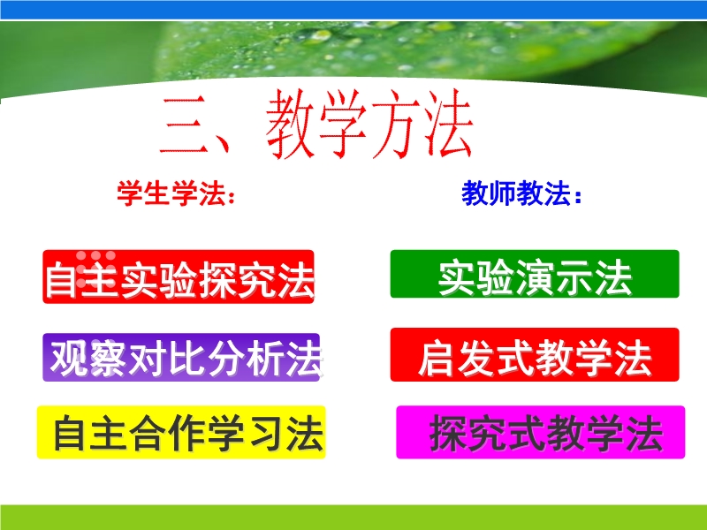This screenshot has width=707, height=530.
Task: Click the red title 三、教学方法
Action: pyautogui.click(x=316, y=124)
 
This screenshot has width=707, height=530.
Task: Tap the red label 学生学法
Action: pyautogui.click(x=171, y=193)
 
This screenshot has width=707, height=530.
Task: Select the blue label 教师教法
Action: pyautogui.click(x=516, y=193)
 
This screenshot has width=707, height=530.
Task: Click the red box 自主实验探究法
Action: pyautogui.click(x=179, y=276)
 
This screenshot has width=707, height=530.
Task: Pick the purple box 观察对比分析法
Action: pyautogui.click(x=181, y=358)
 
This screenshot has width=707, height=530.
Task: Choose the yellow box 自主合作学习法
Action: pyautogui.click(x=181, y=432)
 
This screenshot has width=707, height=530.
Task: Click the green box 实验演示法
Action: pyautogui.click(x=535, y=274)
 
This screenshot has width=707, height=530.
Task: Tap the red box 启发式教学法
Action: pyautogui.click(x=535, y=355)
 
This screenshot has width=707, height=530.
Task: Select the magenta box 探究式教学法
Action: pyautogui.click(x=541, y=432)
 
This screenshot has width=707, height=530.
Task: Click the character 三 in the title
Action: pyautogui.click(x=185, y=126)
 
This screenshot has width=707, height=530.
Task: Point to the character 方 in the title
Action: pyautogui.click(x=395, y=124)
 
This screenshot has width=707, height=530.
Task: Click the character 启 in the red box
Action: pyautogui.click(x=437, y=359)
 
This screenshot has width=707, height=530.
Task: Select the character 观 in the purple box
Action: pyautogui.click(x=69, y=359)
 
